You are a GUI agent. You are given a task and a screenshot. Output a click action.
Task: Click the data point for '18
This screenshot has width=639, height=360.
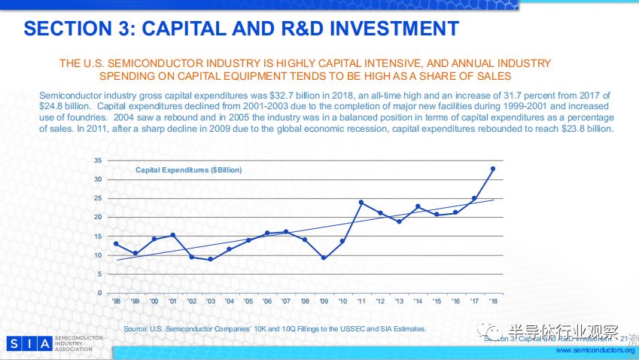pos(493,169)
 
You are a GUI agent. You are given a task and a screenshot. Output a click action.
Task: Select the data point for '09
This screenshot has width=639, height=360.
pos(324,258)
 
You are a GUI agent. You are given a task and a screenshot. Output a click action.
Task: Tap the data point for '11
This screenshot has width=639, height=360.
pos(361,202)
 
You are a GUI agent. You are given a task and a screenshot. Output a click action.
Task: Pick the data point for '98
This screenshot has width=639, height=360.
pos(116,243)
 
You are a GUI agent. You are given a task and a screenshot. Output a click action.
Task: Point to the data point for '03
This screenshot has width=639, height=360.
pos(210,259)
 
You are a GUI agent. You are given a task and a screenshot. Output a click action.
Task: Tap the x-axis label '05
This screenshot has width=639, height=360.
pos(248,301)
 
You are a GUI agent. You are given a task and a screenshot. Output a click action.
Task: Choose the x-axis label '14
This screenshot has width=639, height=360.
pos(418,301)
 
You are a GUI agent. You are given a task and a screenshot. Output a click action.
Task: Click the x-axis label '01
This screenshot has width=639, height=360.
pos(172,301)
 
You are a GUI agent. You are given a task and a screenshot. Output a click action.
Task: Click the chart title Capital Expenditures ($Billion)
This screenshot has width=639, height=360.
pos(189,170)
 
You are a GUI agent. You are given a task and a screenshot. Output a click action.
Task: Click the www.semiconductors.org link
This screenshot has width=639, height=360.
pos(595,350)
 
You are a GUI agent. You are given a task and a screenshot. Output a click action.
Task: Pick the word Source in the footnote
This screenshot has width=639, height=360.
pos(136,329)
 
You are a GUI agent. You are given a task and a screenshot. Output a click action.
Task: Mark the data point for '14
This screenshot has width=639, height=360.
pos(418,206)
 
